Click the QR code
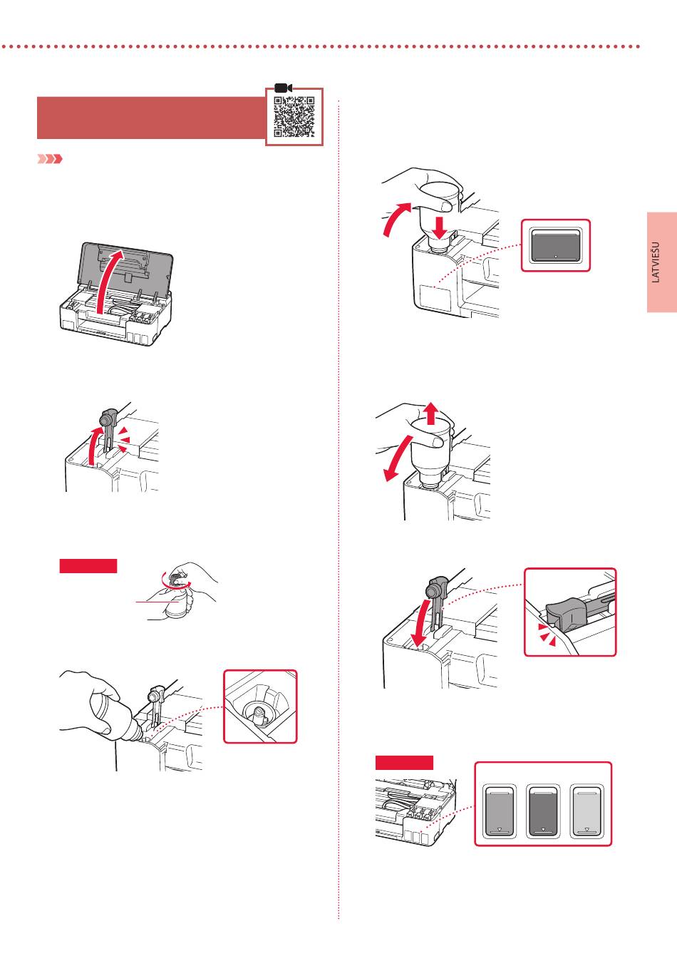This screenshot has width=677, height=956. pyautogui.click(x=294, y=116)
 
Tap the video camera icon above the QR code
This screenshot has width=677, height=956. pyautogui.click(x=283, y=88)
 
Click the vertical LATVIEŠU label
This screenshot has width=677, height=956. pyautogui.click(x=656, y=262)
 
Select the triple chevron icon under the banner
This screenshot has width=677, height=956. pyautogui.click(x=50, y=159)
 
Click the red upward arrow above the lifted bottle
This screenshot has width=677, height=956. pyautogui.click(x=431, y=413)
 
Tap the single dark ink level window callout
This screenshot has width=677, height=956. pyautogui.click(x=555, y=245)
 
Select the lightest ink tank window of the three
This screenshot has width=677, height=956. pyautogui.click(x=586, y=811)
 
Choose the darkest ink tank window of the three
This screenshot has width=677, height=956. pyautogui.click(x=542, y=811)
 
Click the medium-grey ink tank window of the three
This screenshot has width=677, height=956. pyautogui.click(x=499, y=811)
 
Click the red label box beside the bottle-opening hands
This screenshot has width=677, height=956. pyautogui.click(x=88, y=565)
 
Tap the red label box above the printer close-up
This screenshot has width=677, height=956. pyautogui.click(x=404, y=763)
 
